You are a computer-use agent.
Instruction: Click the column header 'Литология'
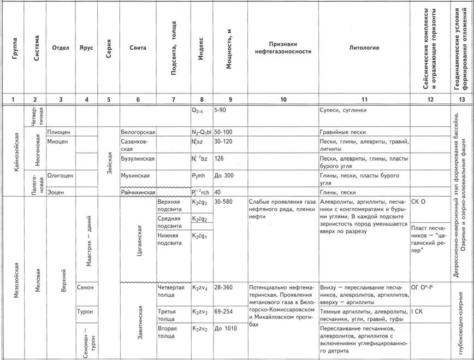[364, 48]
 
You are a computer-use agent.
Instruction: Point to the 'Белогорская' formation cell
[138, 132]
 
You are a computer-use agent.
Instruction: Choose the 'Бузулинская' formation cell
[138, 158]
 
